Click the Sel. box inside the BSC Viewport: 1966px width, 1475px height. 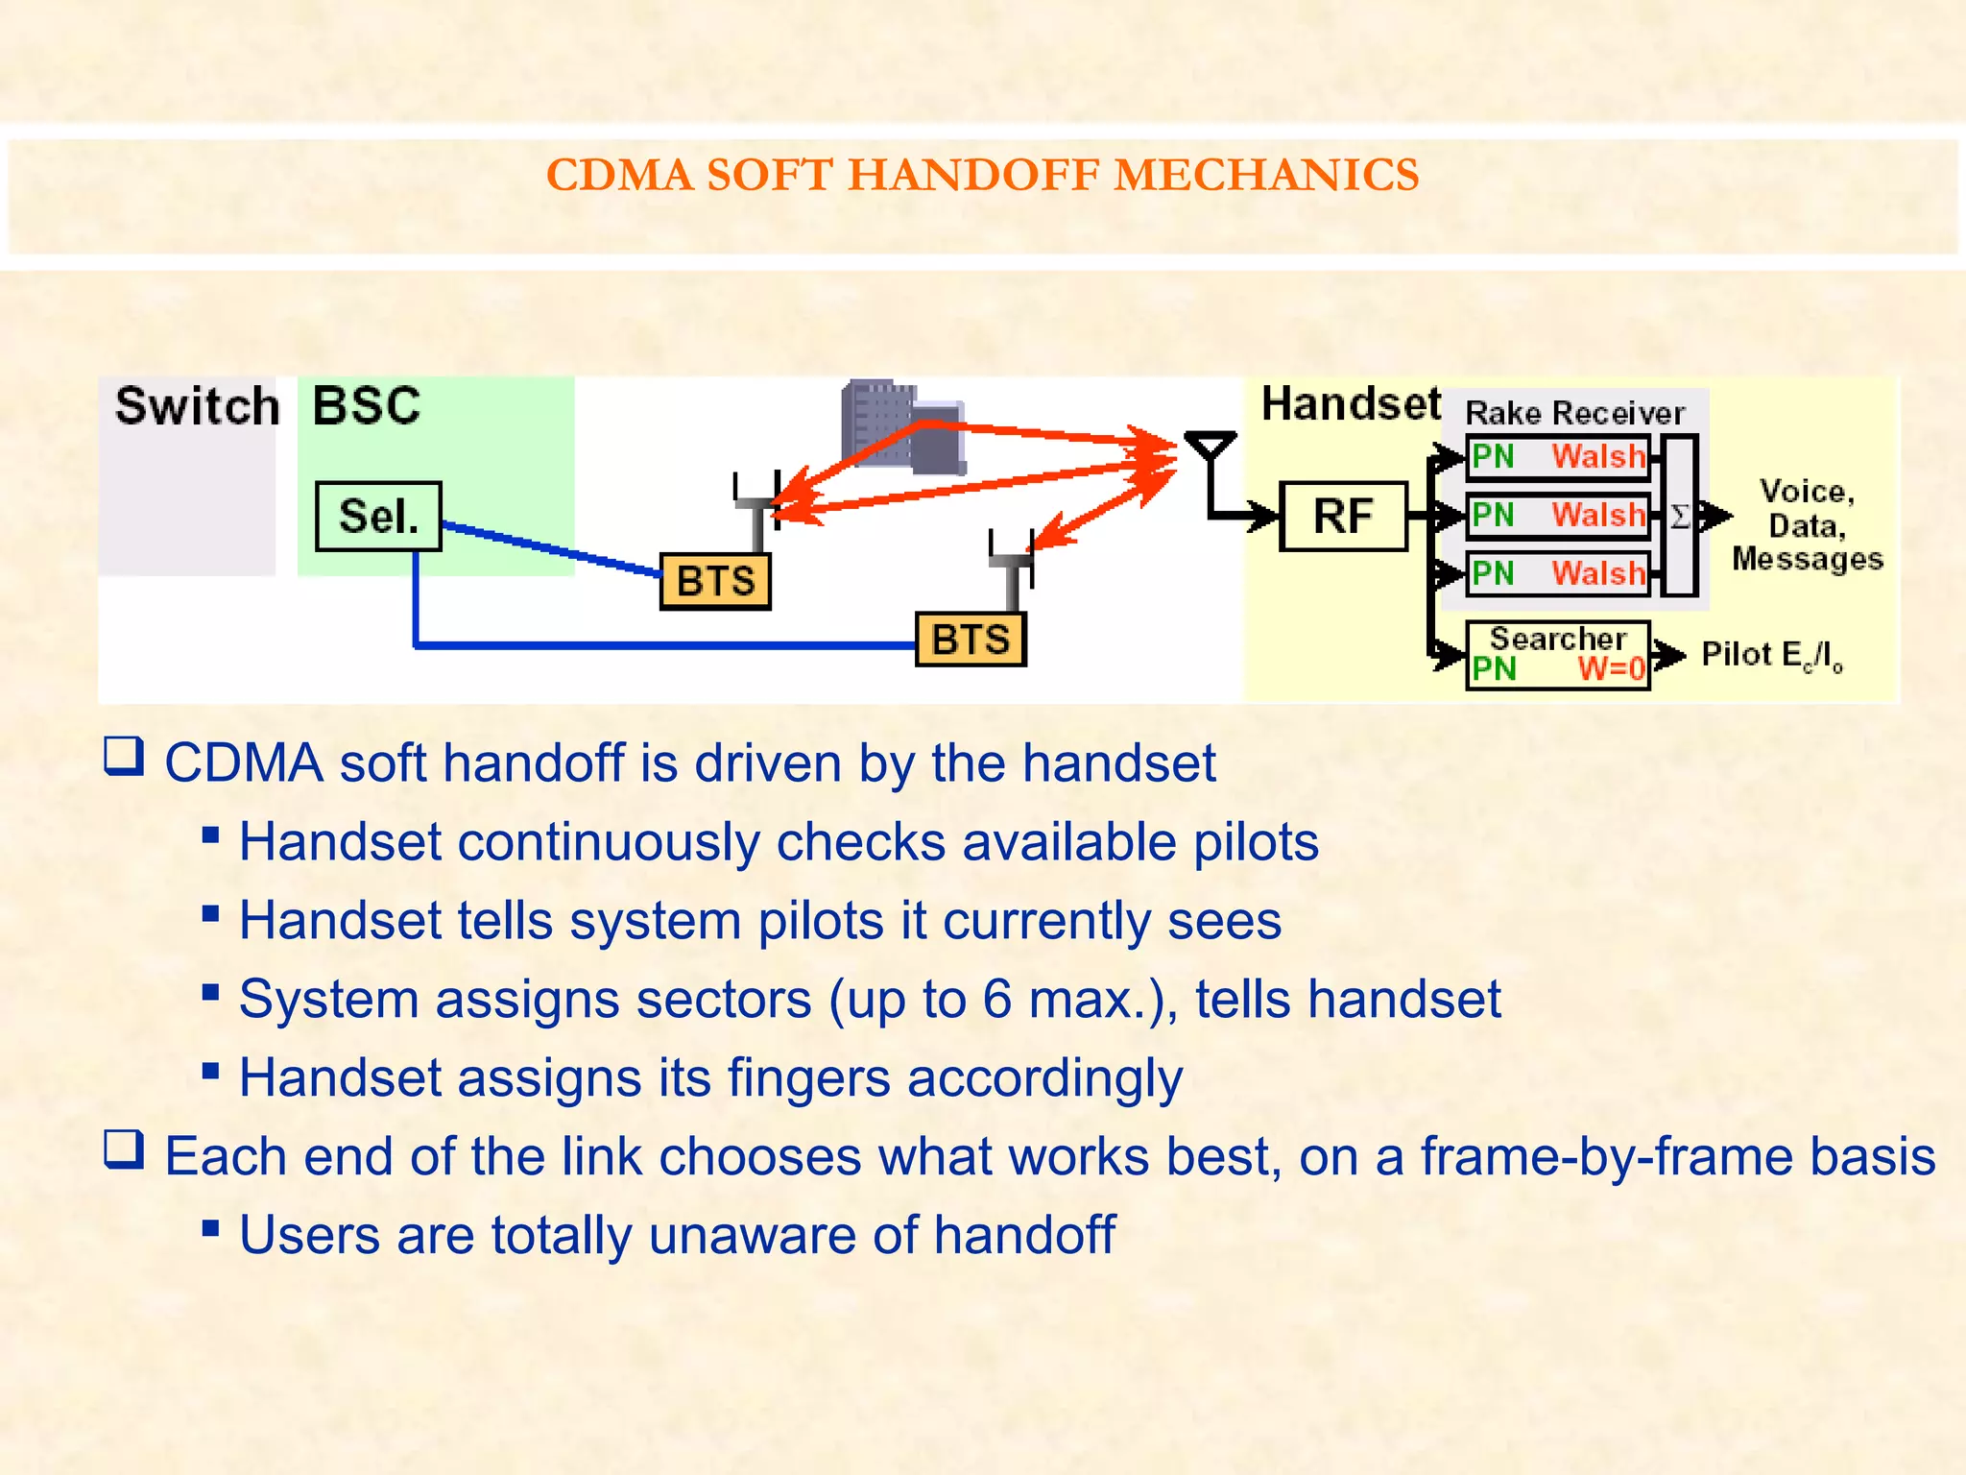coord(378,517)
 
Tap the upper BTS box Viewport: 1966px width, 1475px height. coord(715,581)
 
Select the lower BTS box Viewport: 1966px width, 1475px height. coord(971,640)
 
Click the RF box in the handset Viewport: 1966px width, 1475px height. coord(1343,517)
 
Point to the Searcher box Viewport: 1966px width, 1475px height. coord(1557,655)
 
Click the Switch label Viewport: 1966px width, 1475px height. coord(197,406)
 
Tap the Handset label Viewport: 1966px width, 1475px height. coord(1350,404)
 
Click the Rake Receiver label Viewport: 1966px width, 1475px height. coord(1574,413)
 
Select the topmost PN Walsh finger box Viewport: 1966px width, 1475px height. coord(1557,456)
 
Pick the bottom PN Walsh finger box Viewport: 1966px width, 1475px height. coord(1557,573)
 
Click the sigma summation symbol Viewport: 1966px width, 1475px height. coord(1680,517)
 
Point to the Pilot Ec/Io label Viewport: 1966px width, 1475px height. coord(1771,656)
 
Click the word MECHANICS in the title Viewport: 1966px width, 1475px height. coord(1266,176)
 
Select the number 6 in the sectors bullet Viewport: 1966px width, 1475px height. coord(996,999)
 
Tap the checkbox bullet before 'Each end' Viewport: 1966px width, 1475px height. coord(124,1149)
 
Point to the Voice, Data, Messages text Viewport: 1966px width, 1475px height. coord(1807,525)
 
